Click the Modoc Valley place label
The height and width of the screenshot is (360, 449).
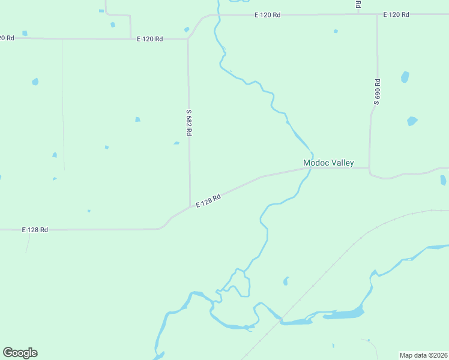point(328,163)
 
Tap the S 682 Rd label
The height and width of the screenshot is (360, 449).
point(188,122)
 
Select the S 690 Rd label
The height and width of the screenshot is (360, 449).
point(377,92)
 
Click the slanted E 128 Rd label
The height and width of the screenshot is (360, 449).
point(208,200)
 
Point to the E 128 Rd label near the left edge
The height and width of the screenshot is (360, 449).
point(35,230)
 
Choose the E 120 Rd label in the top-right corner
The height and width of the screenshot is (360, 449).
point(396,14)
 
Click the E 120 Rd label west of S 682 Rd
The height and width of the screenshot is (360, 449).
point(149,39)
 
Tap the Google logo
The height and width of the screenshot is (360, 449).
point(20,353)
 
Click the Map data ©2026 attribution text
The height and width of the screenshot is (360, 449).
point(424,355)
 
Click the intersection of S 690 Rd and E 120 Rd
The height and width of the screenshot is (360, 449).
point(378,14)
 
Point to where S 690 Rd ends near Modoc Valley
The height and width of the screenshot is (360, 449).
point(369,168)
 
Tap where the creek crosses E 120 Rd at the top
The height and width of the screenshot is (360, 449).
point(217,16)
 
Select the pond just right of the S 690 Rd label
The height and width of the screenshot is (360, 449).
point(405,77)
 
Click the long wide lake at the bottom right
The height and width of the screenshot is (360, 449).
point(342,314)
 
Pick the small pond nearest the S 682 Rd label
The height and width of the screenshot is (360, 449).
point(176,143)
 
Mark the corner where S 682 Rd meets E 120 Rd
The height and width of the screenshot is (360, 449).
point(188,39)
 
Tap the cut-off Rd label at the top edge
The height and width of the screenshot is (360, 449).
point(358,4)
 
